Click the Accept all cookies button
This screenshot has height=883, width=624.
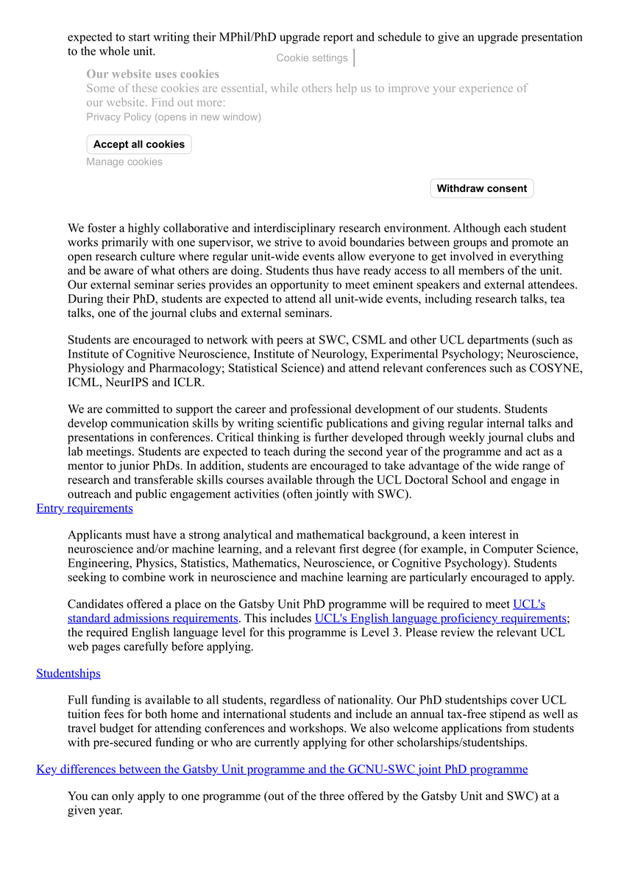(138, 144)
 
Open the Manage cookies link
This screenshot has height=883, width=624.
(124, 162)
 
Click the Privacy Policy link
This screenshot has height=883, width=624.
(173, 117)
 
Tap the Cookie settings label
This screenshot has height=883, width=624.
(312, 58)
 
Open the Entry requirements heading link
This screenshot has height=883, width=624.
(85, 508)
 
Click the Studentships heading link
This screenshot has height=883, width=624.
(68, 673)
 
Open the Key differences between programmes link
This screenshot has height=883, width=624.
(282, 770)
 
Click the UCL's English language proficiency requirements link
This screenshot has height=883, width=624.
(440, 619)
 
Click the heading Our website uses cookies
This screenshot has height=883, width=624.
(152, 74)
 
